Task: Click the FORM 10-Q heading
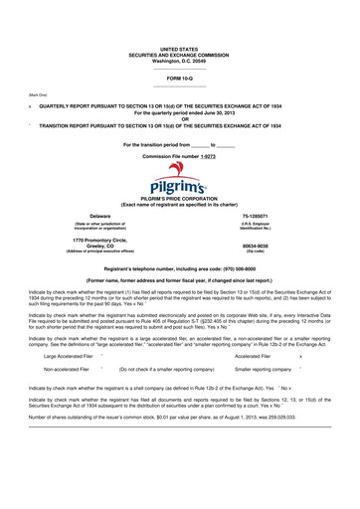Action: click(x=180, y=77)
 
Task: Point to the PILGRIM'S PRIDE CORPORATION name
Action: click(x=180, y=199)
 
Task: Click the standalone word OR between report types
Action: click(x=180, y=120)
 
